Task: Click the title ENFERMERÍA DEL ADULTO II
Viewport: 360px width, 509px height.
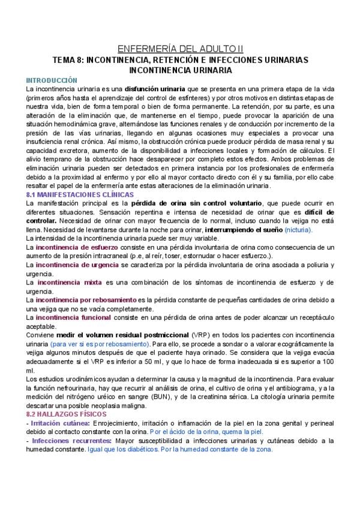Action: (x=180, y=49)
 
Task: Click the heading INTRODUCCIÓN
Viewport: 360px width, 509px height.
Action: (x=52, y=79)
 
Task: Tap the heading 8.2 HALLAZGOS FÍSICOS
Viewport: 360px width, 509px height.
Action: (x=67, y=414)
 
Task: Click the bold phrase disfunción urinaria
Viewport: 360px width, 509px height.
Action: (x=155, y=88)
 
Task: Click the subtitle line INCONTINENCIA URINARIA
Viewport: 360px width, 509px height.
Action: (x=180, y=70)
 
